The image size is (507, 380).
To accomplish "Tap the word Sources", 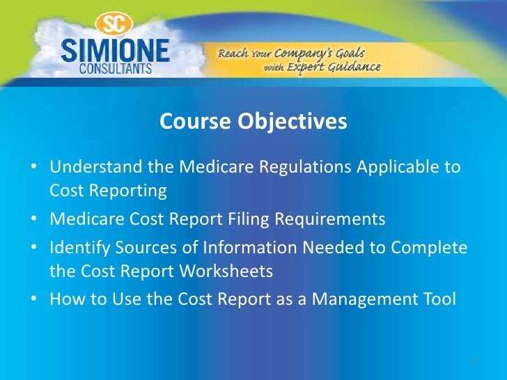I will point(143,248).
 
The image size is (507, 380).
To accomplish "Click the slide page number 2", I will point(473,363).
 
